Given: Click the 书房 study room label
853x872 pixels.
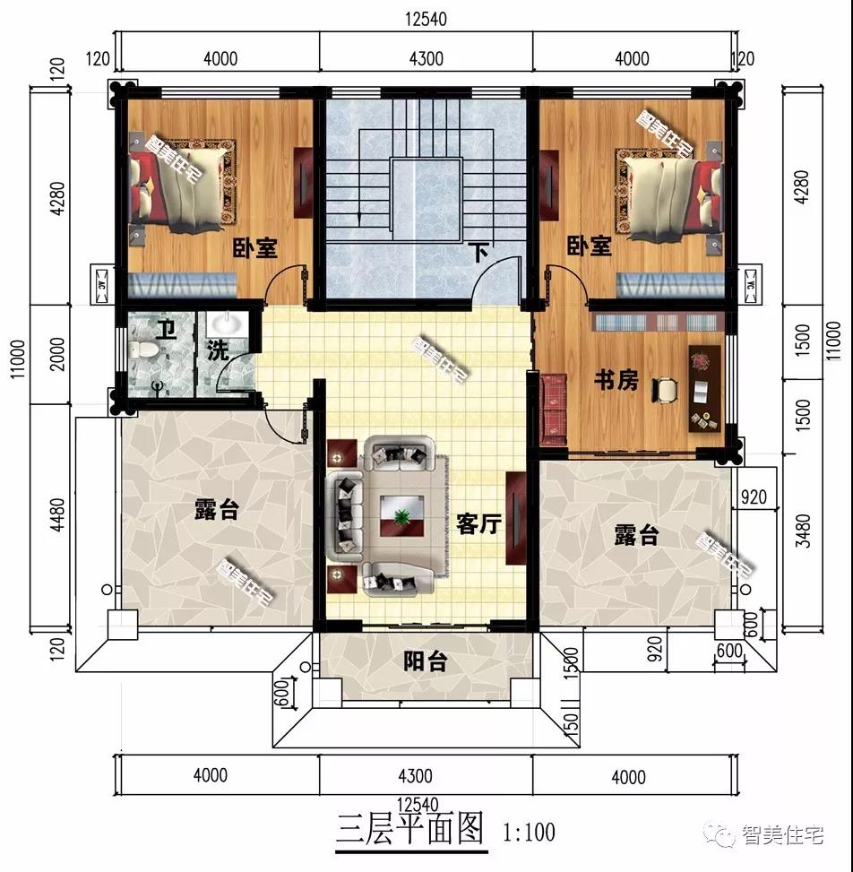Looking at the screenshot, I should (x=616, y=380).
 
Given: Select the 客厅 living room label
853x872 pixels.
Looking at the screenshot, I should (x=478, y=524).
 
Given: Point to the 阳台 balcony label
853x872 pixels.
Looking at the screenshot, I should (x=425, y=662).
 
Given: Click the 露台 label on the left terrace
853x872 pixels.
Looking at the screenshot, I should (x=217, y=511).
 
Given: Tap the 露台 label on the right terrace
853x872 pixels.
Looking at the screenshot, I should (x=636, y=536).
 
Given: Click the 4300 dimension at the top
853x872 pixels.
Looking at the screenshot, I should (x=426, y=59).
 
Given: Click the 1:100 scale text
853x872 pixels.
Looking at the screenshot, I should (x=529, y=832).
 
